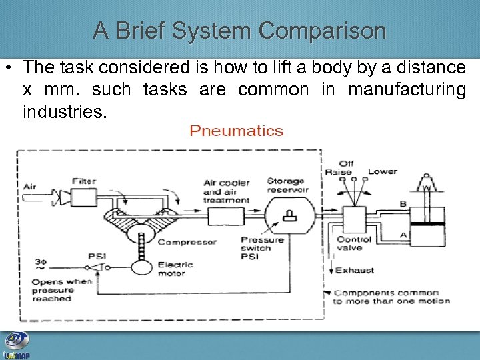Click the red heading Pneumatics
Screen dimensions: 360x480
(237, 131)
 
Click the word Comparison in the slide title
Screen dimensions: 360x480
(322, 31)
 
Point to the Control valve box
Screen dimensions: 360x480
(353, 219)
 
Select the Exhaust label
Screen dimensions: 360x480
(354, 270)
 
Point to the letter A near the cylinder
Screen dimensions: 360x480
(403, 235)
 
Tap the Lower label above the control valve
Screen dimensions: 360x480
(382, 171)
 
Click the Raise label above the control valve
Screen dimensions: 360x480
(338, 172)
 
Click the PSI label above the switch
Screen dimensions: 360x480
(97, 256)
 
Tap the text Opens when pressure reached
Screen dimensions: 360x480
(61, 290)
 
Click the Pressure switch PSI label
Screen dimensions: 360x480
(262, 248)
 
